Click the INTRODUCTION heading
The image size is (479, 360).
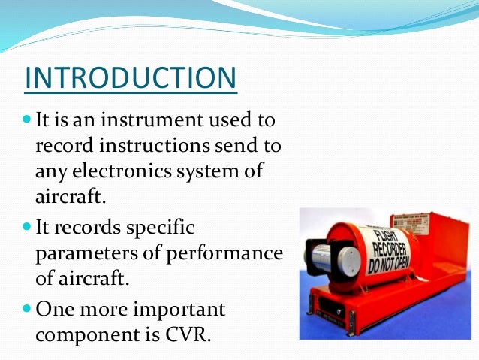coord(131,78)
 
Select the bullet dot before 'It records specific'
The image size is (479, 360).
coord(28,225)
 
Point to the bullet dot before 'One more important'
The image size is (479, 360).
coord(28,308)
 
